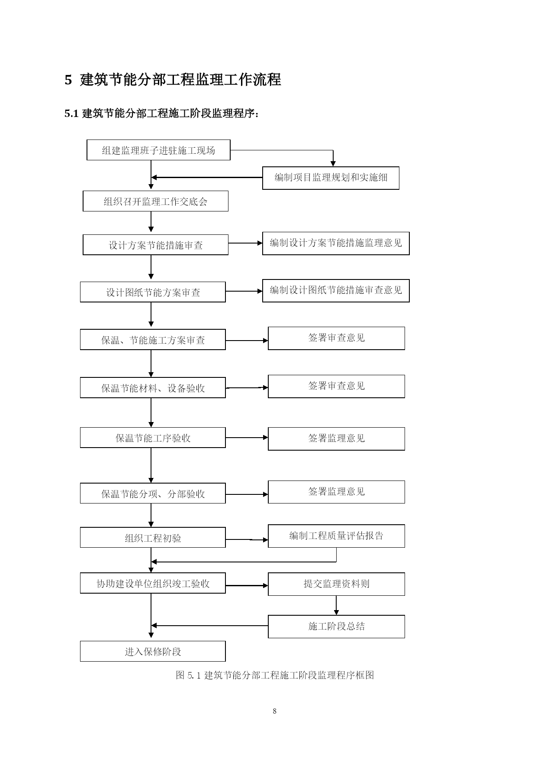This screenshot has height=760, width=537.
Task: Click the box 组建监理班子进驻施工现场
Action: click(x=158, y=150)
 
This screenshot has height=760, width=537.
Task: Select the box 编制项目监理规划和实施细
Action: click(x=331, y=178)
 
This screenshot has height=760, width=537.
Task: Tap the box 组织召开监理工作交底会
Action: click(x=155, y=201)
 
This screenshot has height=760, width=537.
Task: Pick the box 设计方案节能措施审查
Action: click(x=155, y=245)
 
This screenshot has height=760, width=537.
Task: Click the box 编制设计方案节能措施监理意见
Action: click(x=336, y=243)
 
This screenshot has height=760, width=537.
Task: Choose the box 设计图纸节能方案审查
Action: click(x=153, y=292)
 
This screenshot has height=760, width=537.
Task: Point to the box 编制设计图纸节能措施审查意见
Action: click(x=336, y=290)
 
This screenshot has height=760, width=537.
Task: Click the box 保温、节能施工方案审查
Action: click(x=153, y=340)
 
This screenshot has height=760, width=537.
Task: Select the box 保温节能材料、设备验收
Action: click(x=153, y=387)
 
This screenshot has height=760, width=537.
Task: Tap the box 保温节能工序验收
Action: click(x=153, y=438)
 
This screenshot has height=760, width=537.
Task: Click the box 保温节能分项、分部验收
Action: click(x=153, y=494)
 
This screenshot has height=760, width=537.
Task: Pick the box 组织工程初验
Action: click(x=153, y=537)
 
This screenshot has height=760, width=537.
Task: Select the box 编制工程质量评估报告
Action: click(x=336, y=536)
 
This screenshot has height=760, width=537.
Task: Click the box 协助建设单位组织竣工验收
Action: click(x=153, y=583)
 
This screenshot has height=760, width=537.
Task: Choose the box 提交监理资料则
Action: click(x=336, y=584)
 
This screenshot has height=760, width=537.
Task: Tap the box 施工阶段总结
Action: click(x=336, y=627)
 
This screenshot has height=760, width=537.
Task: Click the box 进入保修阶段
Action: click(x=153, y=651)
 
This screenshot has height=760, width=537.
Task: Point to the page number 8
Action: click(x=275, y=711)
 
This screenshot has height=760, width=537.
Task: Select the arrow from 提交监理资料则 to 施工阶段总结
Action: click(x=336, y=605)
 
